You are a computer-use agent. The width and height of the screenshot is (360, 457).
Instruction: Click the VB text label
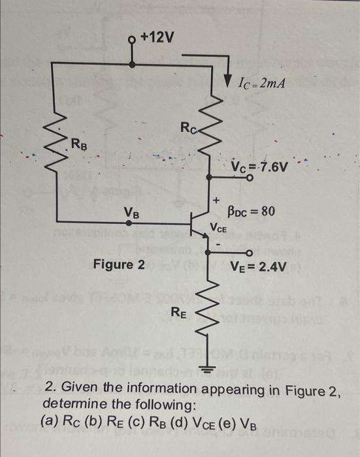coord(131,212)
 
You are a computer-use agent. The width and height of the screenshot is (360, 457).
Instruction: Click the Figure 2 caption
coord(119,264)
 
